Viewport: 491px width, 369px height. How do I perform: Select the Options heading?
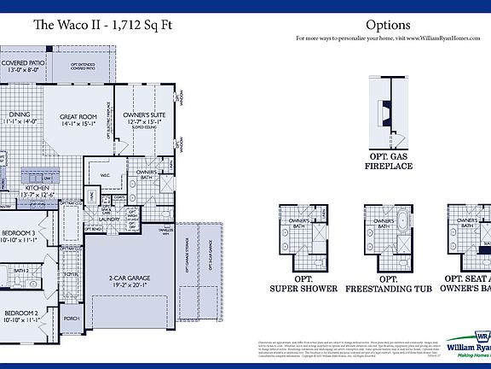tap(388, 26)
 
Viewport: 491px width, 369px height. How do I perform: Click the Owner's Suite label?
tap(142, 118)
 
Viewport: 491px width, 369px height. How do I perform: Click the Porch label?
tap(72, 319)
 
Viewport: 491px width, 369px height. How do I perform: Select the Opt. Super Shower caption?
tap(303, 284)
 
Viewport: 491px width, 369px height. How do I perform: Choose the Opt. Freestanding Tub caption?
tap(389, 284)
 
